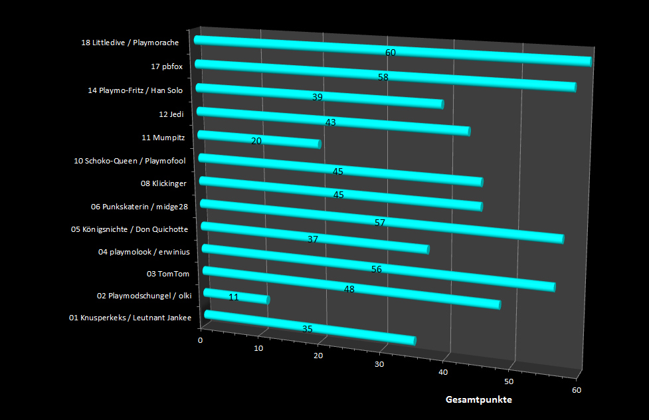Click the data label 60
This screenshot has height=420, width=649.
point(391,52)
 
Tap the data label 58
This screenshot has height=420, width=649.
point(383,77)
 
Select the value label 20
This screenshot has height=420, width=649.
point(256,141)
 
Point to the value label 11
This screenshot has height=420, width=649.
point(234,297)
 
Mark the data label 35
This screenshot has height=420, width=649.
point(307,329)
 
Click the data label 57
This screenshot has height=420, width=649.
point(380,223)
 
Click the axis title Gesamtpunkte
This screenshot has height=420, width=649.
point(478,400)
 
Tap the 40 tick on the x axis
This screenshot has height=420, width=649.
point(443,373)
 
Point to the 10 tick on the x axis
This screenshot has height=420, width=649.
point(258,348)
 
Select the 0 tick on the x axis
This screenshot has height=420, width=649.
point(201,340)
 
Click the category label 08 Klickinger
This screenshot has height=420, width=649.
point(163,183)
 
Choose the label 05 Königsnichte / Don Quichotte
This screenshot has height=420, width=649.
point(130,230)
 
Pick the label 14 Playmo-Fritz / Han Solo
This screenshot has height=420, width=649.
point(136,90)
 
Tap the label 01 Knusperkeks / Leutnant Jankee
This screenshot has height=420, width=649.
point(130,318)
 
